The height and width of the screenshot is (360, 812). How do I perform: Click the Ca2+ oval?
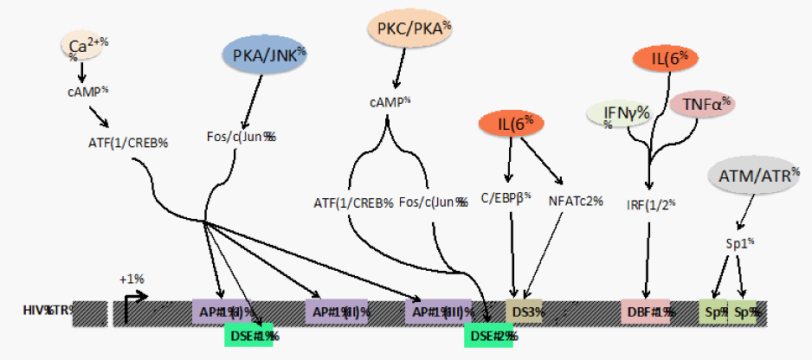(81, 44)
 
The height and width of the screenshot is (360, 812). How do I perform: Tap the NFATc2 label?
(575, 202)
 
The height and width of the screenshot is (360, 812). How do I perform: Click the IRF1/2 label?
(651, 207)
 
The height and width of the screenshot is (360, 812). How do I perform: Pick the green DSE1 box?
(249, 334)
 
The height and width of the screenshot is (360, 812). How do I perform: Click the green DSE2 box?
(489, 334)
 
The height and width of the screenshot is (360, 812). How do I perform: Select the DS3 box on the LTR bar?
(525, 312)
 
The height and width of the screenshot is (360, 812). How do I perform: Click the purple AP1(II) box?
(340, 312)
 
